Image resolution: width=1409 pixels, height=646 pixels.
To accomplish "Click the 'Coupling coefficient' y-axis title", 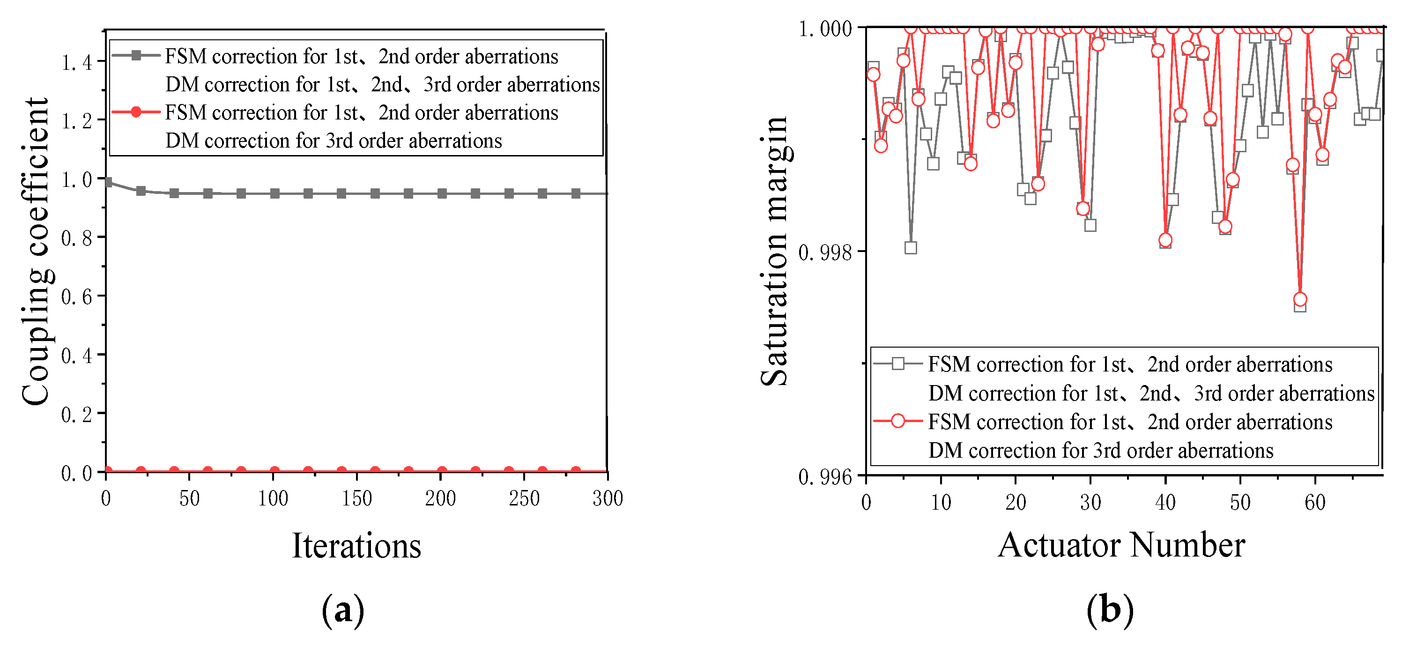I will [36, 252].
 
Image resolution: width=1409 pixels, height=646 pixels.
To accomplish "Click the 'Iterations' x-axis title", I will [356, 546].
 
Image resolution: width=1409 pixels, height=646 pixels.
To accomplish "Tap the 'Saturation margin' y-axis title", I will [774, 252].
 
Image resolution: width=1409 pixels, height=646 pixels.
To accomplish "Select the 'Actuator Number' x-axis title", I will [1121, 545].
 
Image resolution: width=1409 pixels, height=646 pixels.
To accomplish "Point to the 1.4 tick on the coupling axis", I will [76, 63].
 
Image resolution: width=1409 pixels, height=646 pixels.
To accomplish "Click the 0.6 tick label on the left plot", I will [76, 297].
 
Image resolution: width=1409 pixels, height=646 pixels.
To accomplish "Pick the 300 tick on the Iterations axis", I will [608, 498].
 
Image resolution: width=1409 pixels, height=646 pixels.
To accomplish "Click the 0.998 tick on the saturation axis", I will [825, 252].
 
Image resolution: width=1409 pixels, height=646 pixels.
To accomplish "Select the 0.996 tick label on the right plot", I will [825, 477].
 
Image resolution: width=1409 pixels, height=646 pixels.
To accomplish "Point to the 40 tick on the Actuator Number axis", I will [1165, 502].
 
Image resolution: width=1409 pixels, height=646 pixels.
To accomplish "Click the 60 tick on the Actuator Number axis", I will [1315, 502].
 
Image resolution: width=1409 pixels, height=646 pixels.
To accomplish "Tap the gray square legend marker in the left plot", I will [136, 55].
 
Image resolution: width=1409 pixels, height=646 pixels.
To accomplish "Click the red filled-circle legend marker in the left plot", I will [136, 111].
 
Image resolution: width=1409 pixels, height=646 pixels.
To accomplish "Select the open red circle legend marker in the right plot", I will [897, 421].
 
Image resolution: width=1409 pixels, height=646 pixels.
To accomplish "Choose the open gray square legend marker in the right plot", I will [897, 363].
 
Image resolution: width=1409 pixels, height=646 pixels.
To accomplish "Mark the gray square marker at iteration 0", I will [108, 182].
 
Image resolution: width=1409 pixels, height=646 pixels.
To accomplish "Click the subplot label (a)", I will [343, 610].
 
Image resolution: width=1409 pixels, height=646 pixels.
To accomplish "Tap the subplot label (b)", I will [1110, 610].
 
